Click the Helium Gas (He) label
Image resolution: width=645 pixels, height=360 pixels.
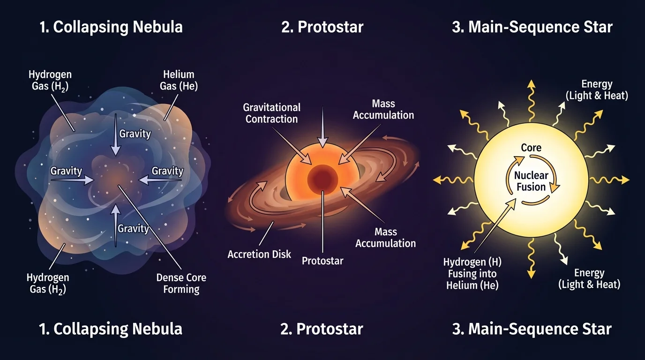179,80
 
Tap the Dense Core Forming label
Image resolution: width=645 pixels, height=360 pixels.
181,283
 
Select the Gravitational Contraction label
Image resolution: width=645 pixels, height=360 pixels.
272,113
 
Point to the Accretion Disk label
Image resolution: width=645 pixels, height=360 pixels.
259,255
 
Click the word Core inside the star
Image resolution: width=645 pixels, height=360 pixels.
531,148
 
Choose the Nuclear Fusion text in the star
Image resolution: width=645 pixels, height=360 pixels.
531,181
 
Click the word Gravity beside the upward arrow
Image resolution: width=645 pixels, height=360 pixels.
133,229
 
